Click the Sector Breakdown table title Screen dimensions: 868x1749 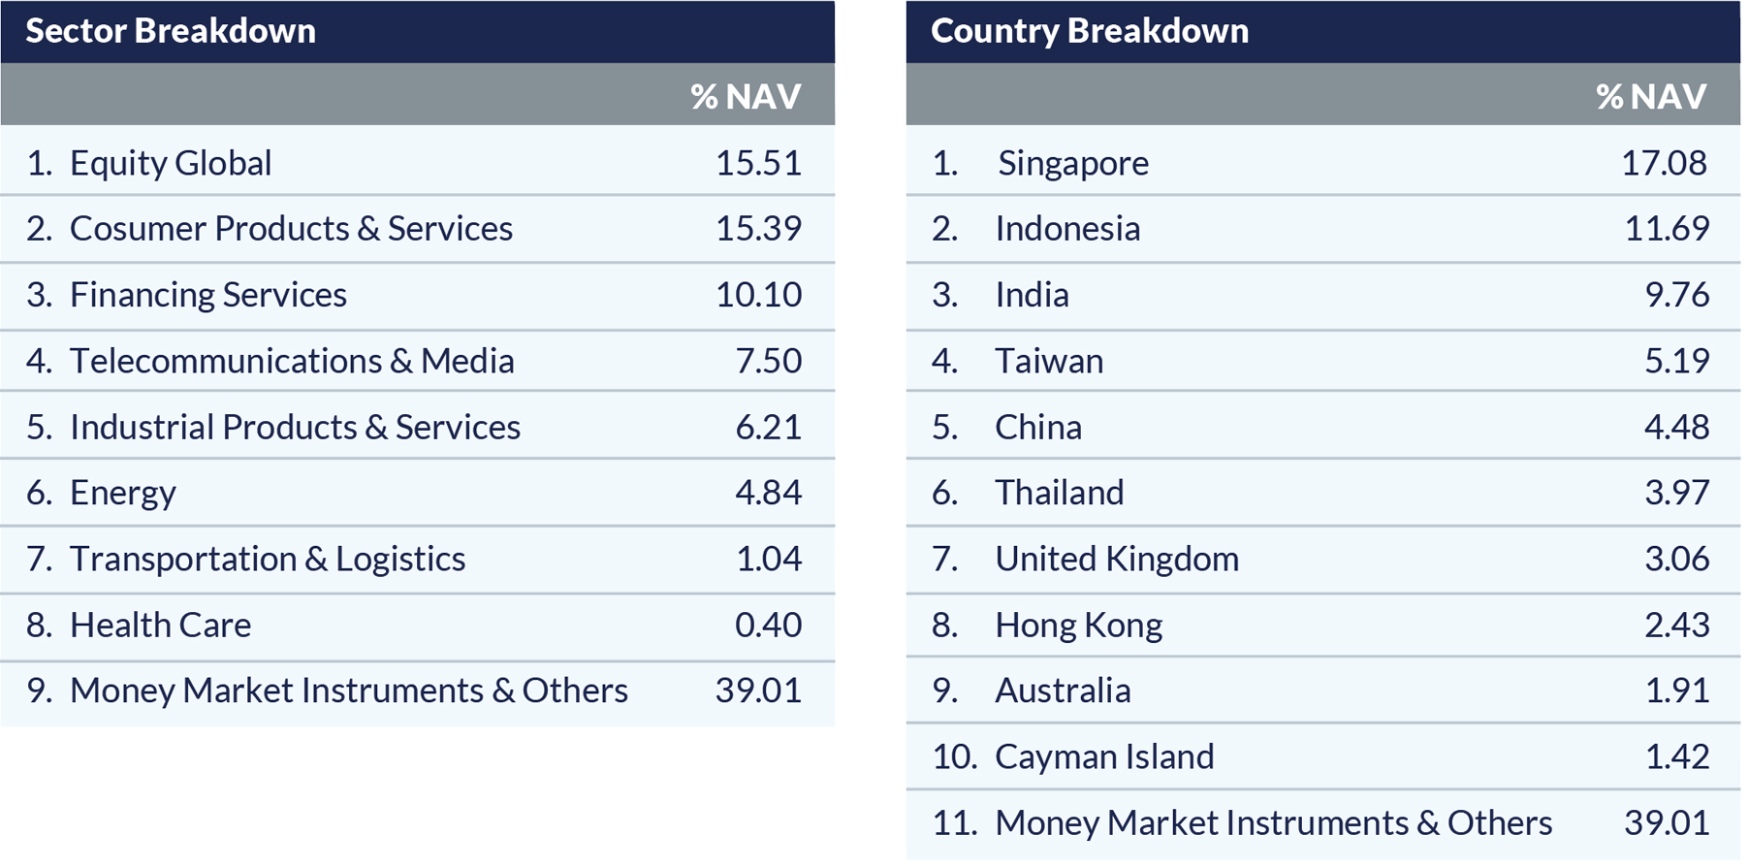171,31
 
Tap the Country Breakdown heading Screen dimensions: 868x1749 1089,31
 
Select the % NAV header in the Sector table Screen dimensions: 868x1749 746,96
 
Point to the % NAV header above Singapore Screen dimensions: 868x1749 1651,96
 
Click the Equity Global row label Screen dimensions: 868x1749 171,163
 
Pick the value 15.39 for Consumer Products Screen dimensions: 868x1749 758,229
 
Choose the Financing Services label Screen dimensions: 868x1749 207,295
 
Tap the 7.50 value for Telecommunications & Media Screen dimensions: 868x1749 768,361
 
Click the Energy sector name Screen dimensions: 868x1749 123,493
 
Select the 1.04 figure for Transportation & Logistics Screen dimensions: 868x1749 768,559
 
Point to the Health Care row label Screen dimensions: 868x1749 160,625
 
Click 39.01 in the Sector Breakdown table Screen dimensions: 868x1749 758,691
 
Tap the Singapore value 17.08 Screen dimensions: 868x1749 1664,163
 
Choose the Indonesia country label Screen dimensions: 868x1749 1067,229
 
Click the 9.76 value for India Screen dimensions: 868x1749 1676,295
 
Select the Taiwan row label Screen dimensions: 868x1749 1049,361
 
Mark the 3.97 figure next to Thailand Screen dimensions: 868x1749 1676,493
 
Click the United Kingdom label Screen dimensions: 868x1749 1117,559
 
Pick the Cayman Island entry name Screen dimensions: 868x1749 1104,756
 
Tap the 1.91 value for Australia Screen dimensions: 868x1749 1676,691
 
